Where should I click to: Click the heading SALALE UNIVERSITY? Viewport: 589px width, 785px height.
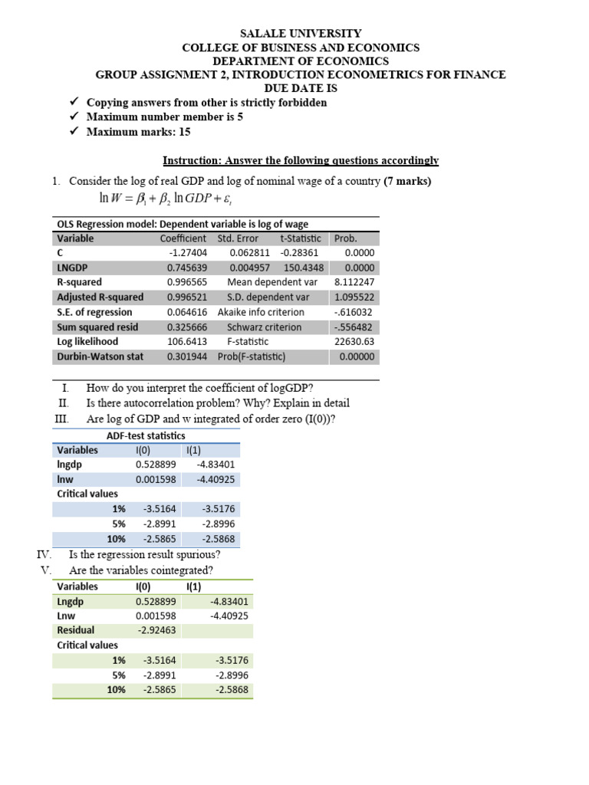point(301,34)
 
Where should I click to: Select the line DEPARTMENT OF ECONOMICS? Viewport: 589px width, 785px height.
point(301,61)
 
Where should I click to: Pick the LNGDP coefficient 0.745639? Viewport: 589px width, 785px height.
point(186,268)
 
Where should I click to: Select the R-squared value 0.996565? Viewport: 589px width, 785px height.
point(186,283)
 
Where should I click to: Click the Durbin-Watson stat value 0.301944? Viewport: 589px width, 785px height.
point(186,356)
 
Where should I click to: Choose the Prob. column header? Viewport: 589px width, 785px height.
point(346,238)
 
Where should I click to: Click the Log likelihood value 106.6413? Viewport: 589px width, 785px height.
point(186,342)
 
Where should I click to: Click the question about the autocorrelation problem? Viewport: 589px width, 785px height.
point(218,403)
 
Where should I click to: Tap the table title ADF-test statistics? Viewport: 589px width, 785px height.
point(145,435)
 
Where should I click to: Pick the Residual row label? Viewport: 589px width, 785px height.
point(75,630)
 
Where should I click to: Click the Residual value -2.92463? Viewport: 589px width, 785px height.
point(156,630)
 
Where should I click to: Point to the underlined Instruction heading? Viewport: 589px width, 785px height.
point(301,160)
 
